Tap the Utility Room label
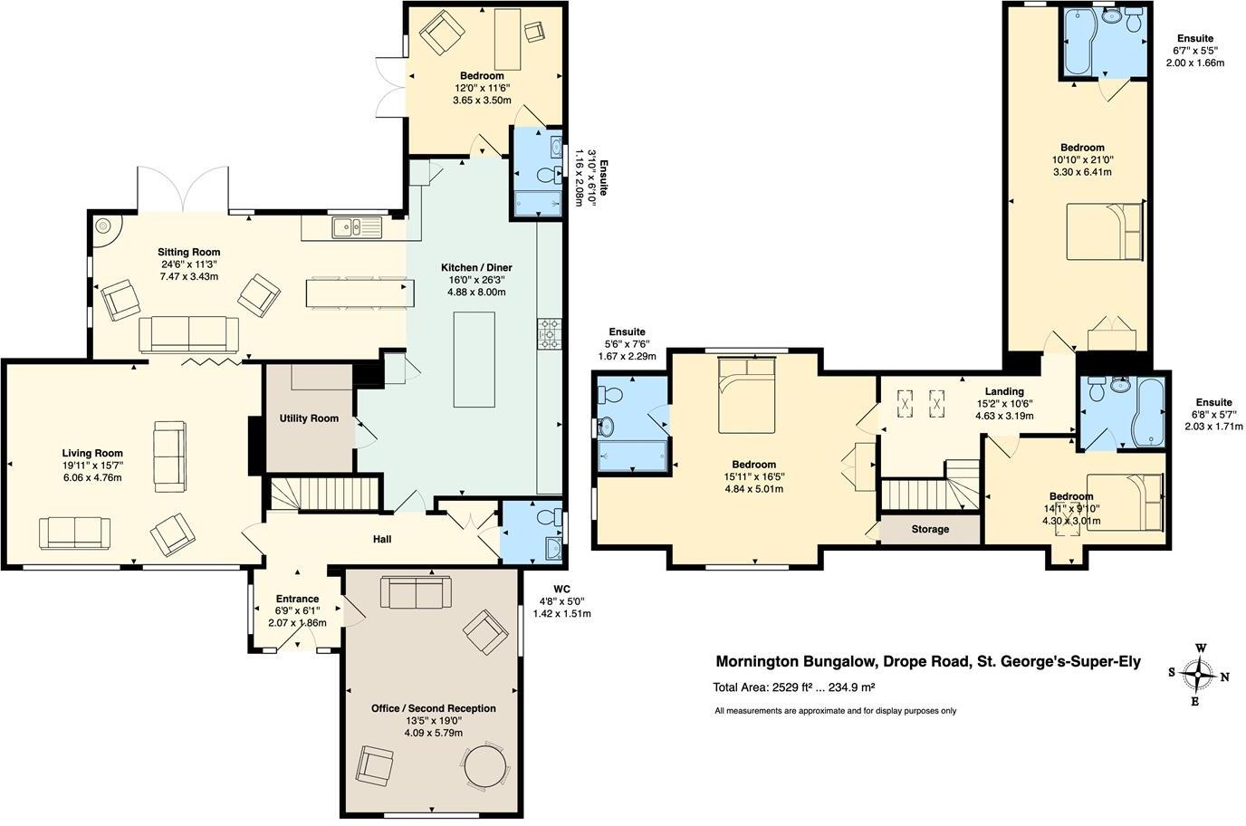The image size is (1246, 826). (x=309, y=418)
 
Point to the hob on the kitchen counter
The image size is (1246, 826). (x=549, y=334)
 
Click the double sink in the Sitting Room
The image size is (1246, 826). (x=357, y=227)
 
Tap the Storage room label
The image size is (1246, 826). (x=930, y=529)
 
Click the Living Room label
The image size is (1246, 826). (x=92, y=454)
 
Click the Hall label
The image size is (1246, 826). (x=382, y=540)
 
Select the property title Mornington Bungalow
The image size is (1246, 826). (x=928, y=662)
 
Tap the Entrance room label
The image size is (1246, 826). (x=297, y=599)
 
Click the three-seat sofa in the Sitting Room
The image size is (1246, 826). (x=188, y=334)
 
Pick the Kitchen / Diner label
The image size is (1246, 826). (x=476, y=268)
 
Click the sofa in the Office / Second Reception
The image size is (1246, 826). (x=416, y=593)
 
